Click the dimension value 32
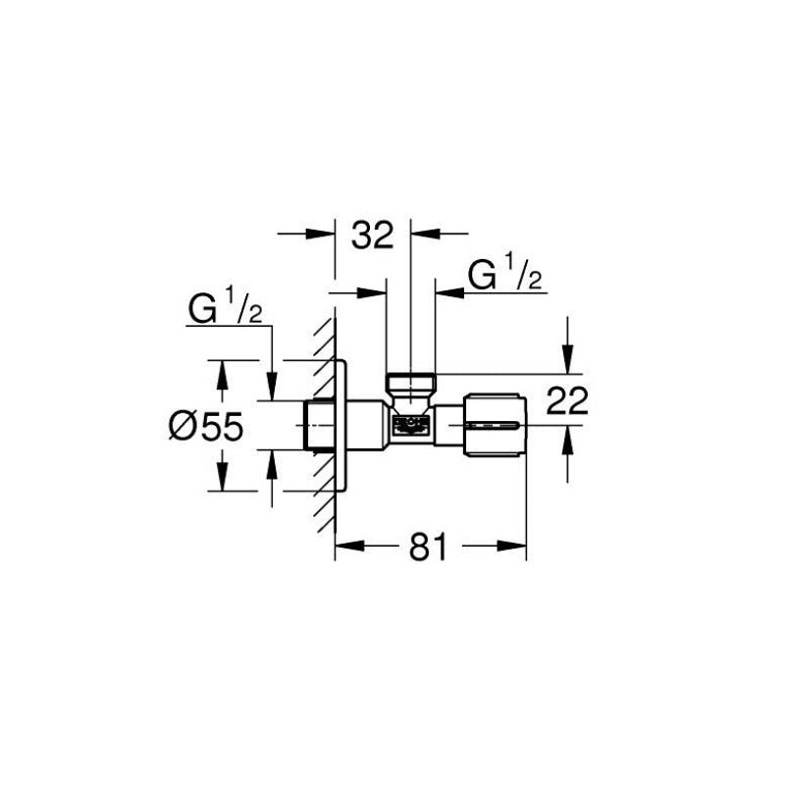[x=372, y=235]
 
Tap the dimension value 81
[x=429, y=548]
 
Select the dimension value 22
[x=566, y=401]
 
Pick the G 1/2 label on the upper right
[x=505, y=275]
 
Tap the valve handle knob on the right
[x=495, y=425]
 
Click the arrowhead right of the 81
[x=516, y=548]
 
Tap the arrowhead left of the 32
[x=325, y=234]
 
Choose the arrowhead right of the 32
[x=422, y=234]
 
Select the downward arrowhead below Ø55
[x=221, y=480]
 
